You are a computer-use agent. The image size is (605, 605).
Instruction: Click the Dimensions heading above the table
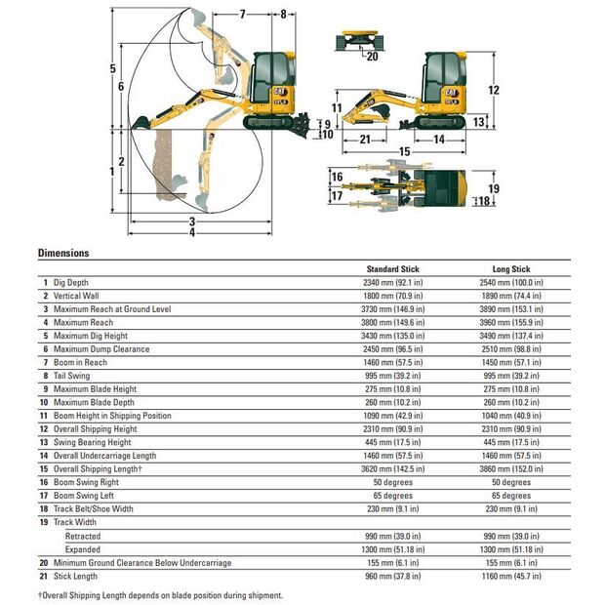point(63,253)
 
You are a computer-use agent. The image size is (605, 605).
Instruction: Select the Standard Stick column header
point(393,269)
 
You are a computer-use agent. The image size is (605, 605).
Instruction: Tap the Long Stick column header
point(511,269)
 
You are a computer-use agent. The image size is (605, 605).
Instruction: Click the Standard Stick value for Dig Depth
point(393,282)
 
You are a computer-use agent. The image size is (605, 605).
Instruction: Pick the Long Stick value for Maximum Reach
point(511,322)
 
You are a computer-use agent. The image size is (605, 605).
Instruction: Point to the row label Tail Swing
point(72,376)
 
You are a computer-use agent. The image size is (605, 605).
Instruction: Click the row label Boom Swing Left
point(84,496)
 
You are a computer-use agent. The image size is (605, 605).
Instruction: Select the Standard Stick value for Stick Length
point(393,576)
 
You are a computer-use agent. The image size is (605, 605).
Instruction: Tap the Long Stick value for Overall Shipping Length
point(511,468)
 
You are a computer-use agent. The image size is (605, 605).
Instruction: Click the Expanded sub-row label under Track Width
point(83,549)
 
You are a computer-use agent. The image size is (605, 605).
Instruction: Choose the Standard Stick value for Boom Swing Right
point(393,482)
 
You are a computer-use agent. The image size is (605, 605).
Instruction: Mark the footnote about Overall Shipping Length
point(160,595)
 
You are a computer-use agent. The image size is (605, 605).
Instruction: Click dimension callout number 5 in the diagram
point(112,68)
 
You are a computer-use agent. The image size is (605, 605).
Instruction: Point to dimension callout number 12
point(494,90)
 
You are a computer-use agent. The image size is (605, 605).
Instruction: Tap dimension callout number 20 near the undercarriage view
point(372,57)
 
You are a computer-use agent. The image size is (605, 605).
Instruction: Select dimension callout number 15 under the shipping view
point(404,151)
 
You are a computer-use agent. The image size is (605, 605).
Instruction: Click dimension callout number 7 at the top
point(242,15)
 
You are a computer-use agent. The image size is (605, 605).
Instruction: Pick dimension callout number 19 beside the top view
point(494,188)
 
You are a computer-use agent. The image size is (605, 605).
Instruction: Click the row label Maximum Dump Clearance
point(101,348)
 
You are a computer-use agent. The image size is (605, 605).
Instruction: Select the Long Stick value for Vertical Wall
point(511,296)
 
